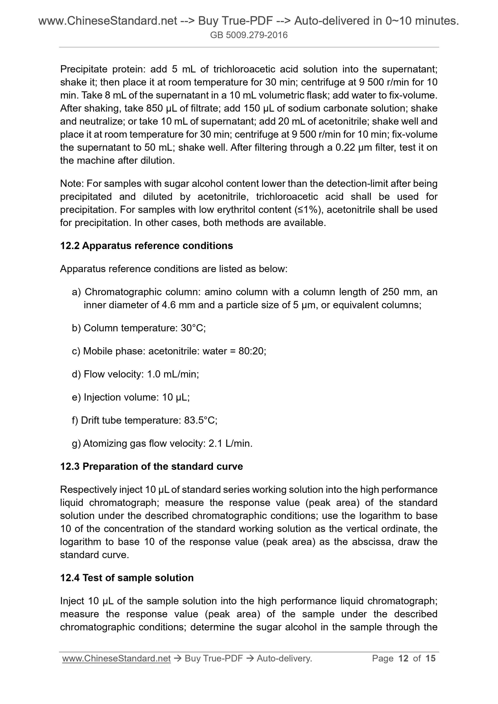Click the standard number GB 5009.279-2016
pyautogui.click(x=249, y=35)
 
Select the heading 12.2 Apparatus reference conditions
pyautogui.click(x=146, y=246)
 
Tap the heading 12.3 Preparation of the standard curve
pyautogui.click(x=151, y=466)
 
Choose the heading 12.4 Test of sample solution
pyautogui.click(x=127, y=578)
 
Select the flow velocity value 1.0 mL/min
pyautogui.click(x=173, y=374)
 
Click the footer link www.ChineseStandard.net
pyautogui.click(x=116, y=659)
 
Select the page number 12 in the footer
pyautogui.click(x=403, y=659)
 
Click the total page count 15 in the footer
pyautogui.click(x=430, y=659)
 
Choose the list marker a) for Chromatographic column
pyautogui.click(x=76, y=292)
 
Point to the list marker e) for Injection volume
pyautogui.click(x=76, y=397)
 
